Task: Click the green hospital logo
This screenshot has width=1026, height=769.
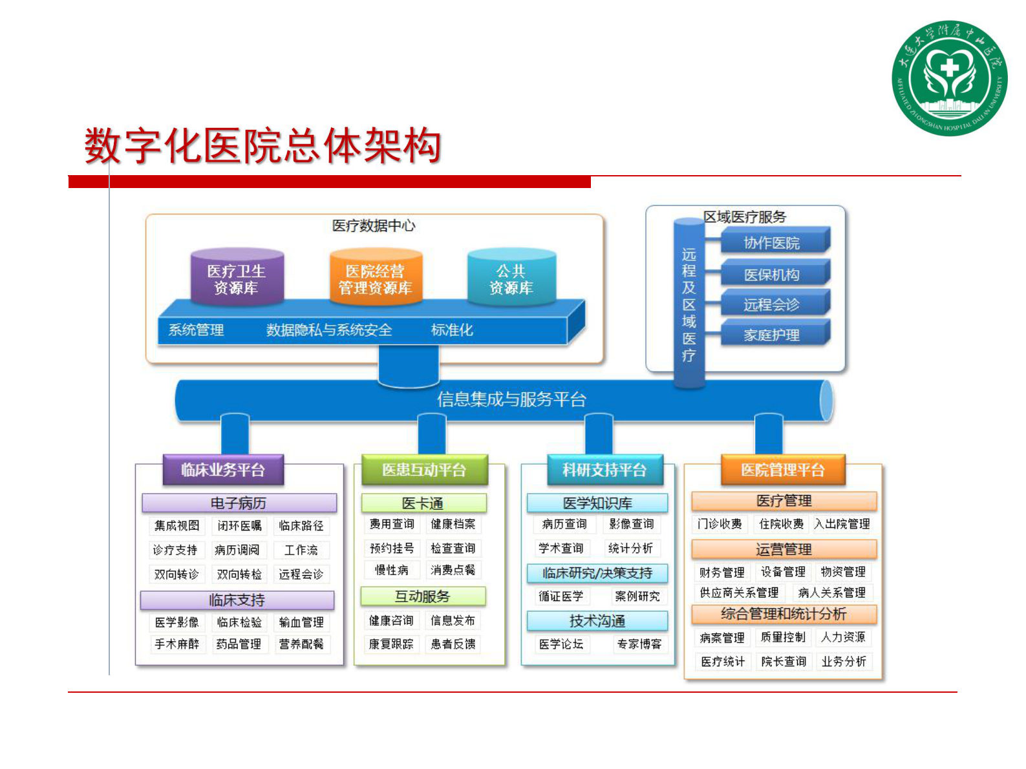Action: [x=948, y=78]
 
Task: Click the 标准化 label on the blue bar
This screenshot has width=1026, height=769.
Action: [x=452, y=330]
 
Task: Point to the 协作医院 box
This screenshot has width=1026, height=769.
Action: [x=772, y=243]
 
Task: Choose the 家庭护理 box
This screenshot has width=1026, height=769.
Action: [x=772, y=335]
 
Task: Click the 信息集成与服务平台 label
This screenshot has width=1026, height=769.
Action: [x=511, y=399]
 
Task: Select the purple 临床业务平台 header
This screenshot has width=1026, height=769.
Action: [x=223, y=470]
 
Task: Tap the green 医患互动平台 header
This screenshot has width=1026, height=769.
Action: [x=424, y=470]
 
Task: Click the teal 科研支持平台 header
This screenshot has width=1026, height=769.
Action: [x=604, y=470]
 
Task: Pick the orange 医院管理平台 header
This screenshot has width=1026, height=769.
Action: [x=783, y=470]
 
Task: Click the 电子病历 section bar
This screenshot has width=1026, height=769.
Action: [x=239, y=503]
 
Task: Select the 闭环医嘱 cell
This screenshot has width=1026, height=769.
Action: [x=239, y=526]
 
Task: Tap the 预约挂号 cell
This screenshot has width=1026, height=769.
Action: [x=392, y=549]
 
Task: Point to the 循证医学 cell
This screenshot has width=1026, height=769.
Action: [x=561, y=596]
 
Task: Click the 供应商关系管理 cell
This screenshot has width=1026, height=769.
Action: [x=739, y=593]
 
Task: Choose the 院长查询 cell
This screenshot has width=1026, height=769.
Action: [x=784, y=661]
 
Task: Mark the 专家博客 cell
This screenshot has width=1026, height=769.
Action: [x=639, y=644]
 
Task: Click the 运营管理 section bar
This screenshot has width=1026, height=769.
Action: [x=784, y=549]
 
